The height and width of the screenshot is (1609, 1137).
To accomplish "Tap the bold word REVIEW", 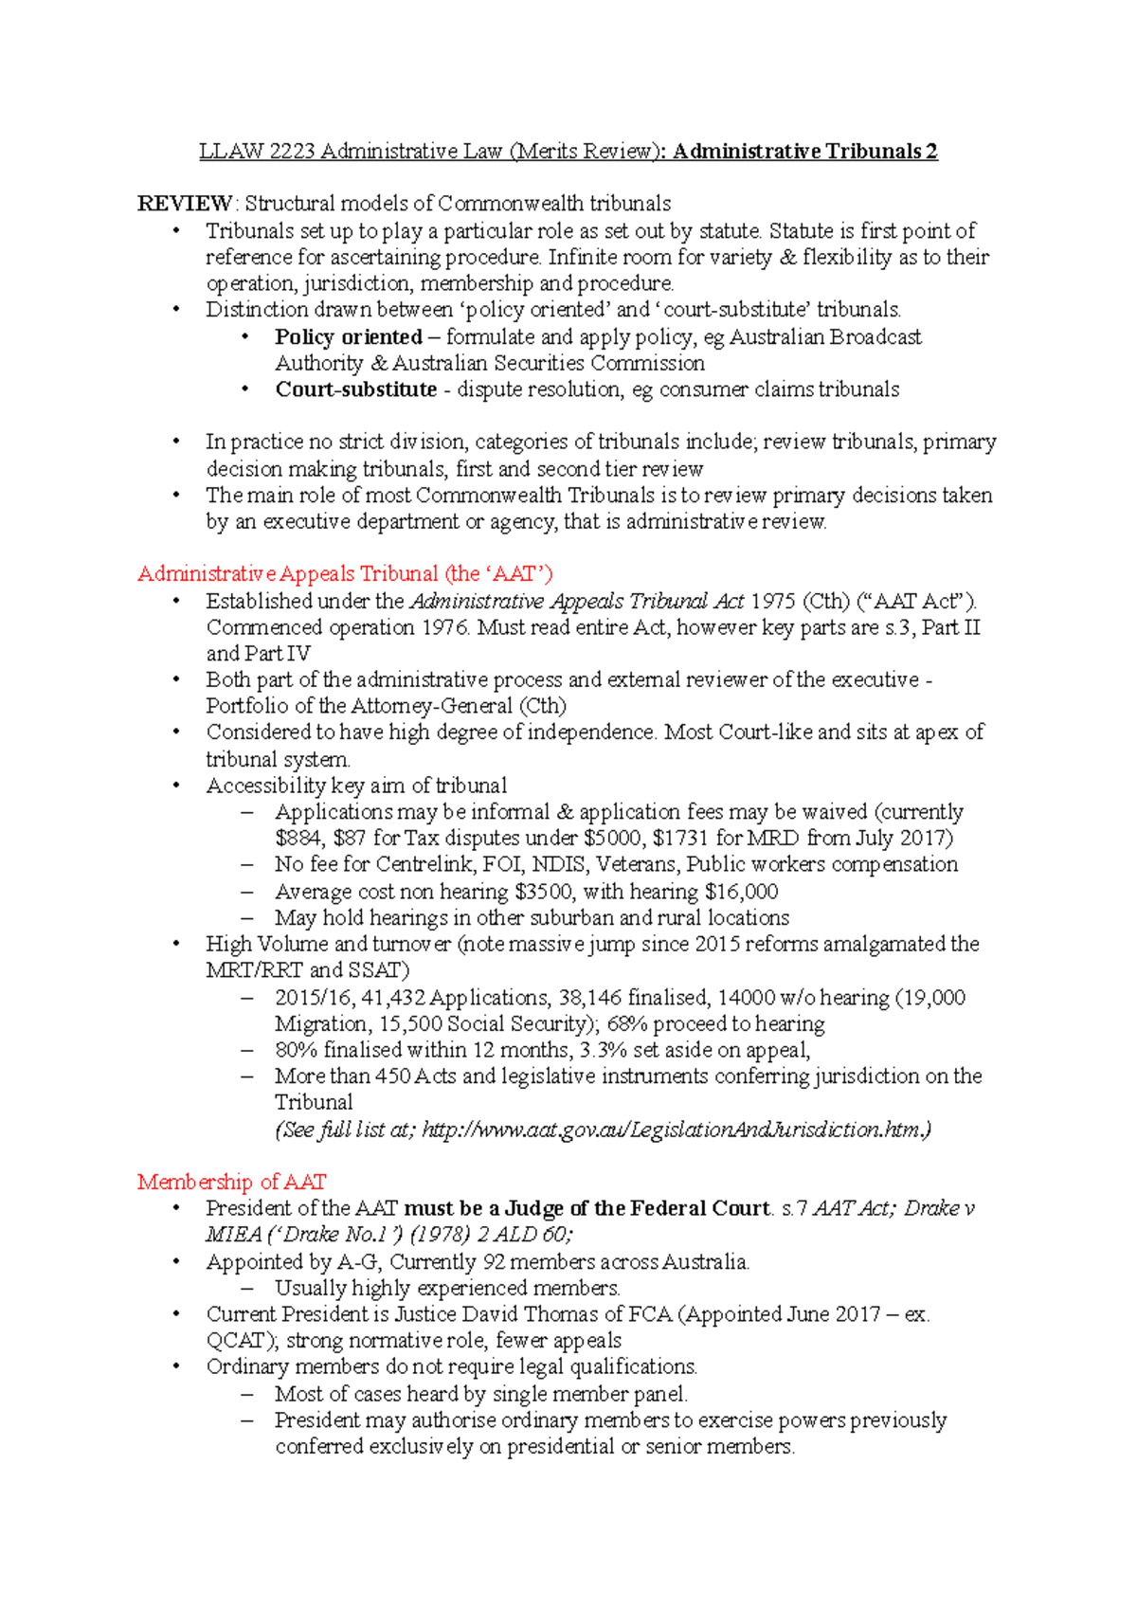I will [184, 204].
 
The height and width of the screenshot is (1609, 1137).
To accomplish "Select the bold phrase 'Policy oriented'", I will [348, 337].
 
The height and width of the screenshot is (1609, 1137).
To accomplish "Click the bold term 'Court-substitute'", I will [355, 389].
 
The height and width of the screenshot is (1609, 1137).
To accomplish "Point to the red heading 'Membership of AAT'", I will [231, 1182].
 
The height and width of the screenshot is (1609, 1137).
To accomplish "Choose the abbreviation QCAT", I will [235, 1341].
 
